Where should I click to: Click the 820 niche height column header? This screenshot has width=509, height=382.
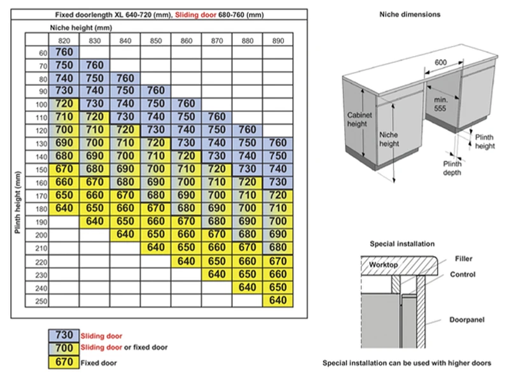(x=64, y=40)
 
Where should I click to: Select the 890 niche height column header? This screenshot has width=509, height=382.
(x=278, y=40)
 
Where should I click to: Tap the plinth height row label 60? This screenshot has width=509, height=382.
(x=42, y=52)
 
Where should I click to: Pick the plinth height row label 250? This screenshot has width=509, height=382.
(x=41, y=301)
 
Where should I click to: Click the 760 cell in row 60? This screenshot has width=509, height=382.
(x=64, y=52)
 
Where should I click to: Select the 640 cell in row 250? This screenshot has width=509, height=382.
(x=278, y=301)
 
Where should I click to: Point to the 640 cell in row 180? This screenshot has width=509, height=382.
(x=64, y=208)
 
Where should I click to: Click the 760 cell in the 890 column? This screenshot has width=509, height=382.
(x=278, y=143)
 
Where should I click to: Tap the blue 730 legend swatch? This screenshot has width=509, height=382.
(x=64, y=336)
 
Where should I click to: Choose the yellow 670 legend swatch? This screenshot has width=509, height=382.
(x=64, y=363)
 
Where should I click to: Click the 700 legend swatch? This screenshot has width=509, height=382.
(x=64, y=349)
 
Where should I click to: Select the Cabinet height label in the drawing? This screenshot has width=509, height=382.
(x=358, y=120)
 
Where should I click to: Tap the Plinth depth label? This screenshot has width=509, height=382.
(x=453, y=168)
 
